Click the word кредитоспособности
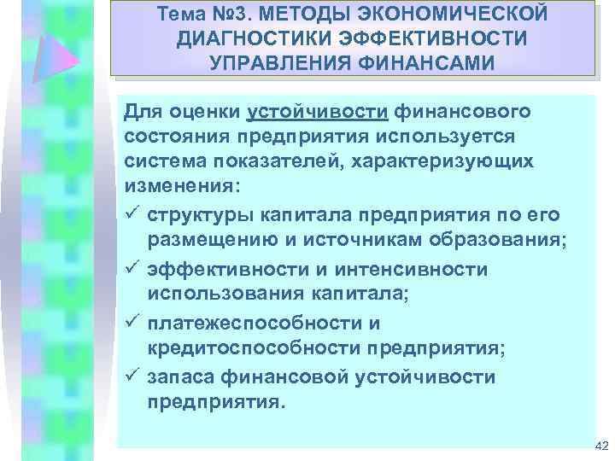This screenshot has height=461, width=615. point(247,349)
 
